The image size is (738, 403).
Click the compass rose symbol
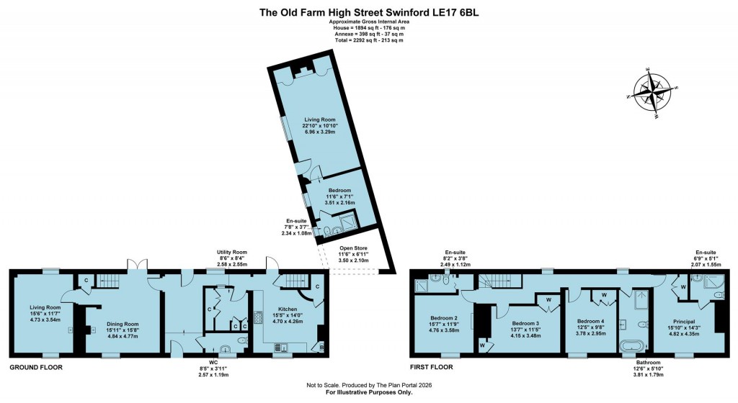point(654,92)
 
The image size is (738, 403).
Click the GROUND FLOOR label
point(35,367)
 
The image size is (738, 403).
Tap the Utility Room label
point(233,253)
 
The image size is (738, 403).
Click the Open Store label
point(355,248)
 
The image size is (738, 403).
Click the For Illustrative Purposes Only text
point(369,393)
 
